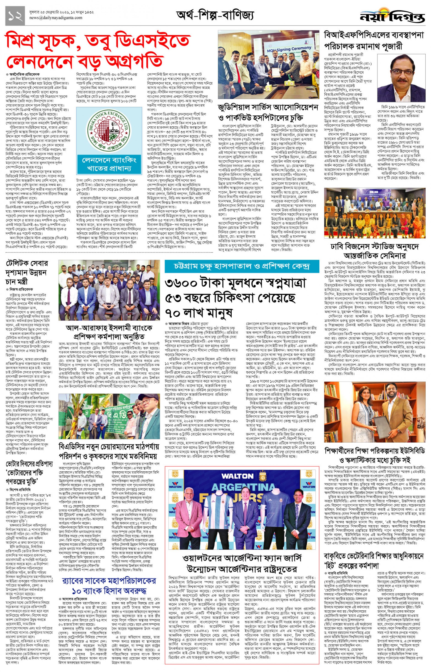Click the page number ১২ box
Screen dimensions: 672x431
[x=15, y=16]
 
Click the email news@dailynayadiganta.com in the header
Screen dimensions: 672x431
[x=56, y=18]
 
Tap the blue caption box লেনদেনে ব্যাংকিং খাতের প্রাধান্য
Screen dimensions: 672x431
[x=109, y=164]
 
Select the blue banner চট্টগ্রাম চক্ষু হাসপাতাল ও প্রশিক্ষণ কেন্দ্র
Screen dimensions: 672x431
[x=242, y=266]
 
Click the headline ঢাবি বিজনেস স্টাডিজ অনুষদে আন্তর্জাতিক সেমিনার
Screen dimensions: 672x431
[x=374, y=251]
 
